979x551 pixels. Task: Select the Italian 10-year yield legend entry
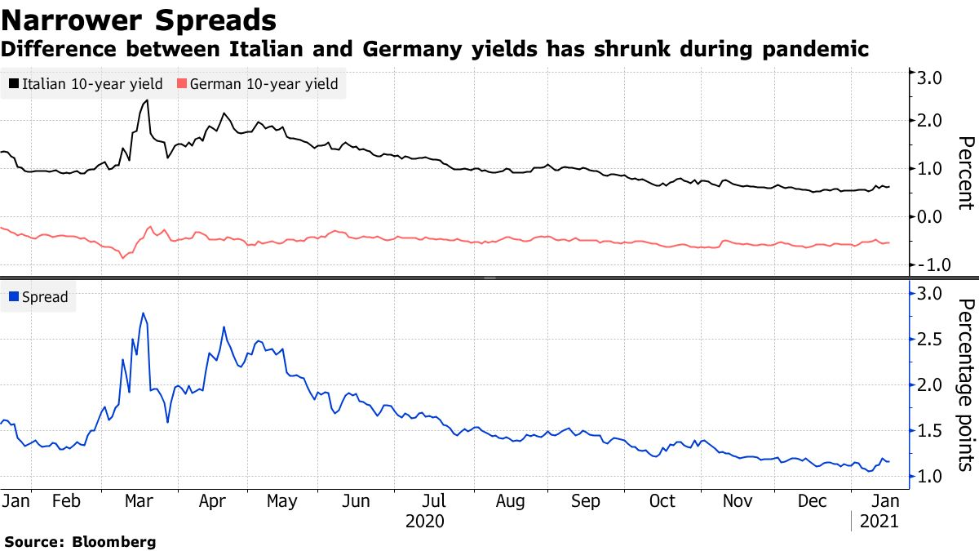point(86,83)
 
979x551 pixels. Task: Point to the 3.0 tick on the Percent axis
point(931,78)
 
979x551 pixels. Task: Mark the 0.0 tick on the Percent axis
point(931,217)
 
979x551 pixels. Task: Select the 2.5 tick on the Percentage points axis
point(931,340)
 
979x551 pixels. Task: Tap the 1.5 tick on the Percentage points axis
point(931,431)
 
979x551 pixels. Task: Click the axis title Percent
point(965,173)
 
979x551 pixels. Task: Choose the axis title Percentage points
point(965,384)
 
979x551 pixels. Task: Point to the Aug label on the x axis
point(510,500)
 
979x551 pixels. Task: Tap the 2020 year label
point(424,522)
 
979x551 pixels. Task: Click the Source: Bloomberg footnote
point(80,541)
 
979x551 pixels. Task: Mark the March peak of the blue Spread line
point(144,313)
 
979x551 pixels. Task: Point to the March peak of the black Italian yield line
point(146,100)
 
